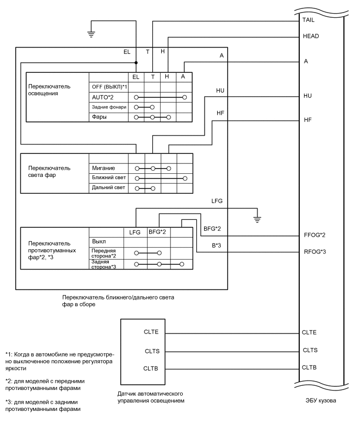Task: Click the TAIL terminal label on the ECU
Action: pos(308,20)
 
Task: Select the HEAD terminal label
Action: pos(310,36)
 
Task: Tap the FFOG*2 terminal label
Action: pos(314,235)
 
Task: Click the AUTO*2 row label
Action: pos(102,97)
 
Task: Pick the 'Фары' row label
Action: pos(99,117)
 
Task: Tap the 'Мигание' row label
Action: pos(103,168)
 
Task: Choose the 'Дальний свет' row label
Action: pos(108,187)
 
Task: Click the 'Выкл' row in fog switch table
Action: pos(99,242)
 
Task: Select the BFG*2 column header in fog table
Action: pos(157,232)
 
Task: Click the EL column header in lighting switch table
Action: pos(136,76)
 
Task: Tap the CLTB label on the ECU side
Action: pos(309,368)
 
